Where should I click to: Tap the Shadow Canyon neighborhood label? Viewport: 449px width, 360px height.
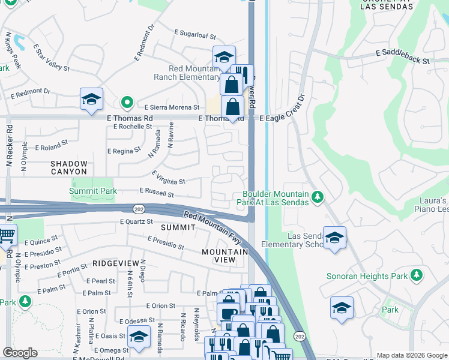coord(68,167)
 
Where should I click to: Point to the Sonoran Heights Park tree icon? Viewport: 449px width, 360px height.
coord(415,276)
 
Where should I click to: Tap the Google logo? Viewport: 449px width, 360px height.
coord(20,353)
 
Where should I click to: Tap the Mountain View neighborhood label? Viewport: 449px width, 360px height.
coord(224,256)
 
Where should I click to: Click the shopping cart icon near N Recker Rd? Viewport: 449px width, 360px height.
coord(6,235)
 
